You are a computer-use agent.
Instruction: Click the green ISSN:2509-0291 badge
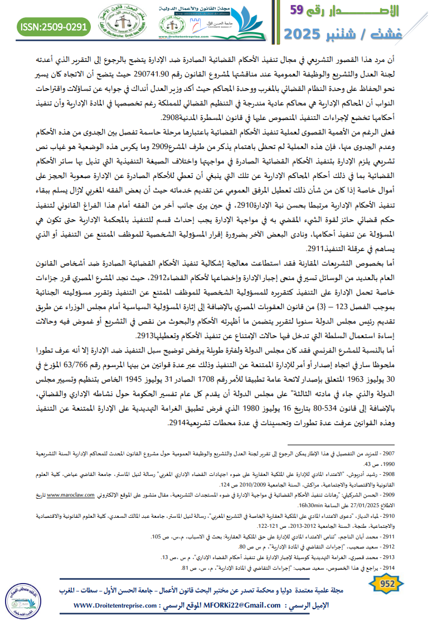tap(54, 26)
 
